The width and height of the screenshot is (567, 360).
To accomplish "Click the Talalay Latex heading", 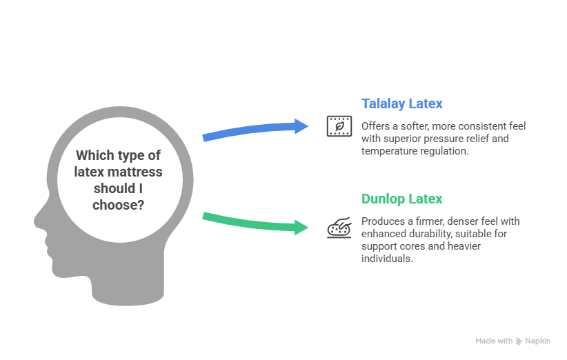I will click(402, 104).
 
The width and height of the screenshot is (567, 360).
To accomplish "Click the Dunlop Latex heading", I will click(402, 199).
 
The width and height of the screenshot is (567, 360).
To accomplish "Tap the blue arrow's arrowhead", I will click(301, 126).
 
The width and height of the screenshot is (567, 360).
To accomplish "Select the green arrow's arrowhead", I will click(301, 227).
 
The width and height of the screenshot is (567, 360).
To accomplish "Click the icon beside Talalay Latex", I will click(337, 126).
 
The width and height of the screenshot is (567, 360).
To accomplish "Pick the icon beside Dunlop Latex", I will click(337, 227).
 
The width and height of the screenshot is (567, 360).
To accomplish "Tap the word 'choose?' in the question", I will click(118, 204).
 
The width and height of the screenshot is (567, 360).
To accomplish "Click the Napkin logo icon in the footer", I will click(519, 341).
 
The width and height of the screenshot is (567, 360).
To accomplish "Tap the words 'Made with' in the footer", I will click(494, 341).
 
